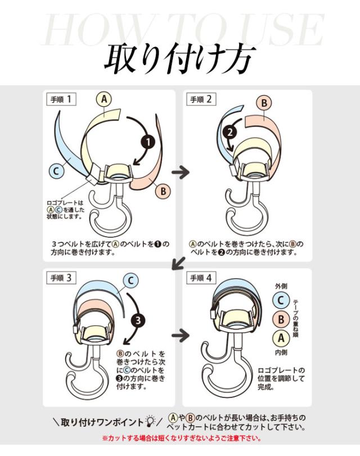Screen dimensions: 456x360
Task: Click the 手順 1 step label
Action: coord(61,100)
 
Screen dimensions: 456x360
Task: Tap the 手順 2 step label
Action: coord(201,100)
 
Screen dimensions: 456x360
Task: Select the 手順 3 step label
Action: coord(61,277)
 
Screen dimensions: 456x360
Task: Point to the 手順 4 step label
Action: coord(201,277)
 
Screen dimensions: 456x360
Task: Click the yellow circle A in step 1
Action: coord(103,100)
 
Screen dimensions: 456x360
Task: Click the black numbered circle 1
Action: coord(147,142)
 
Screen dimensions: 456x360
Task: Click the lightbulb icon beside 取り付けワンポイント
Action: coord(150,421)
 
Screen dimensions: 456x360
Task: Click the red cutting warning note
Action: coord(180,439)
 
